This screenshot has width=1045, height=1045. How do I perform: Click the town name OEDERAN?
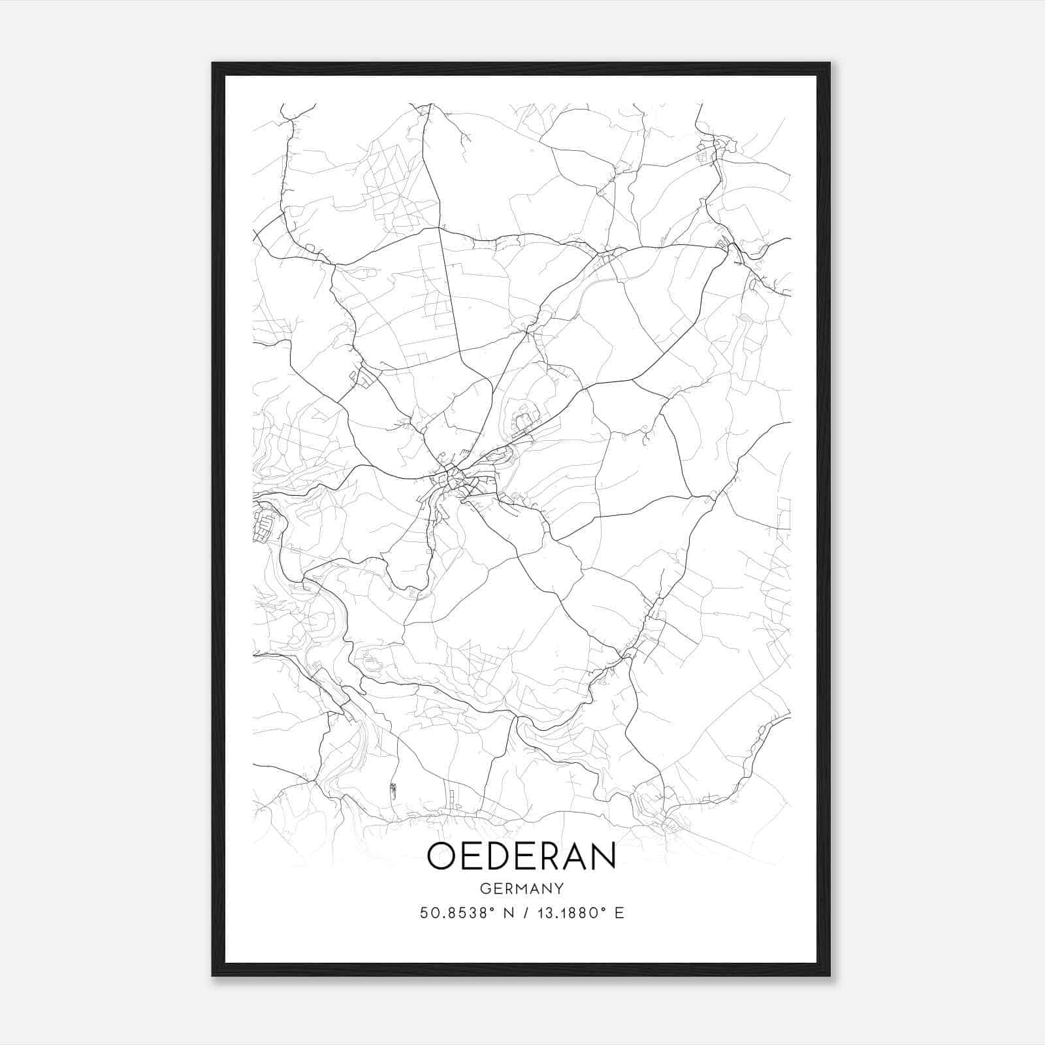(x=521, y=856)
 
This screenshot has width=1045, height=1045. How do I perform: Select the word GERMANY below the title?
(x=522, y=889)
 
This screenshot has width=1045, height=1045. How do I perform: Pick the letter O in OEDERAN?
(x=442, y=856)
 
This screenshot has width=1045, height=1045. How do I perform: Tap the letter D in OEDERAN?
(x=495, y=856)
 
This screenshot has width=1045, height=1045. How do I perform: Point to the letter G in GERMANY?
(x=485, y=889)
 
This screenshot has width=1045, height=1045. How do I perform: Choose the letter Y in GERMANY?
(x=559, y=889)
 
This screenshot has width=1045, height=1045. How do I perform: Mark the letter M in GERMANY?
(x=521, y=889)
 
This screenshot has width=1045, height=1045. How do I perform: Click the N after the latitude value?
(x=507, y=913)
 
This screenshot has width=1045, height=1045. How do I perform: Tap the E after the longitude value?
(x=619, y=913)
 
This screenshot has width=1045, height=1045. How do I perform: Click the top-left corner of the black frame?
(x=214, y=64)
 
